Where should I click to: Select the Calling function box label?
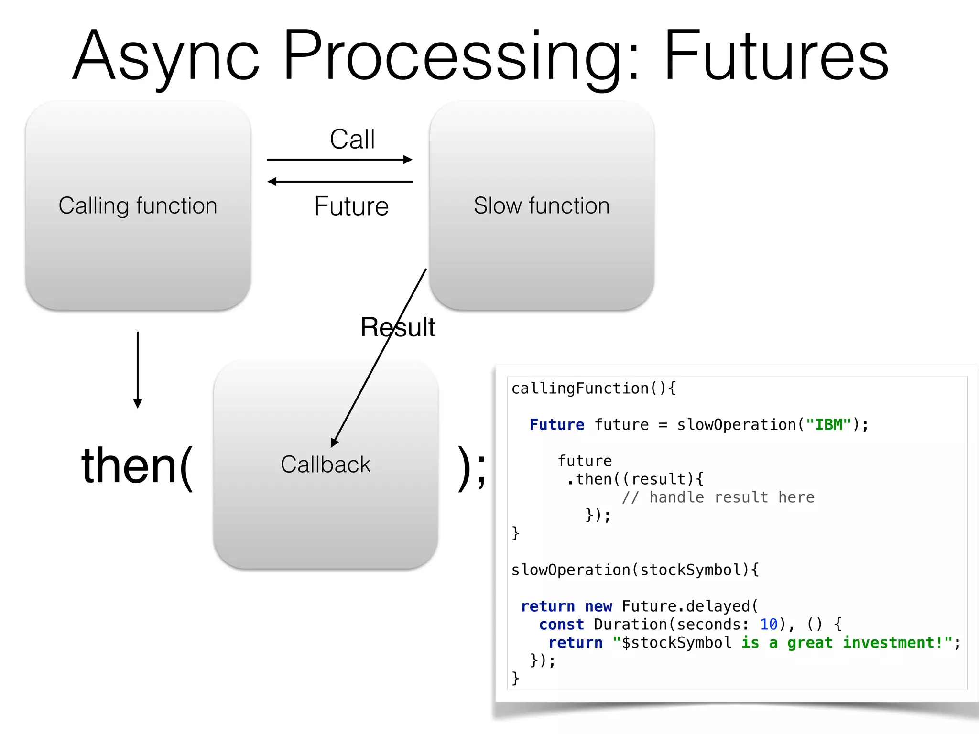click(x=138, y=206)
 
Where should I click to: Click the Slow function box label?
click(x=542, y=206)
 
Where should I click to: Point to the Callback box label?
click(x=326, y=464)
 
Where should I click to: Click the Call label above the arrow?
click(x=352, y=140)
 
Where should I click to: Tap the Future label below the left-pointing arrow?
click(x=351, y=206)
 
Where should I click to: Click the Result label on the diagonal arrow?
click(x=397, y=327)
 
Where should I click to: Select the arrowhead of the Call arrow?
click(x=408, y=160)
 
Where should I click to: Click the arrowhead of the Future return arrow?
click(x=272, y=182)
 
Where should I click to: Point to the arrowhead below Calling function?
click(x=138, y=404)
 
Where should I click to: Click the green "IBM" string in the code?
click(x=829, y=424)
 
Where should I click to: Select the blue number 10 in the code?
click(x=769, y=624)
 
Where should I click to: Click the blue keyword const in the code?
click(x=561, y=624)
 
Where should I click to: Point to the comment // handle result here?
click(x=718, y=497)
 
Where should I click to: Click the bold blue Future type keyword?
click(x=557, y=424)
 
